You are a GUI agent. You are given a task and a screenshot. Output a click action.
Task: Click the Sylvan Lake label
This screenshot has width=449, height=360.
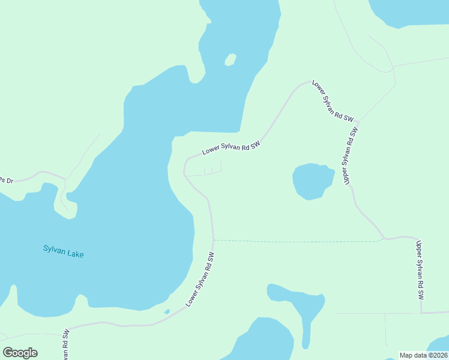click(x=64, y=251)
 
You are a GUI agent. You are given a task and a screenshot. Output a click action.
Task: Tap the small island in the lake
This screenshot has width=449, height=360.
click(x=230, y=59)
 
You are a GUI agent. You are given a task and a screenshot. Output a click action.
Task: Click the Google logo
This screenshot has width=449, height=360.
click(x=20, y=352)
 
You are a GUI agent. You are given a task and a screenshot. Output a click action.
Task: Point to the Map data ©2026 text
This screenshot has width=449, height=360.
click(x=423, y=355)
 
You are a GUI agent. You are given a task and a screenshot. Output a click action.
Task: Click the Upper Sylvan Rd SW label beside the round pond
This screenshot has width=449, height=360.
click(x=351, y=155)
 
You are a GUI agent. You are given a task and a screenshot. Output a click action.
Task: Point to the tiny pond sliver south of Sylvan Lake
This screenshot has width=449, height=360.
click(x=167, y=311)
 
